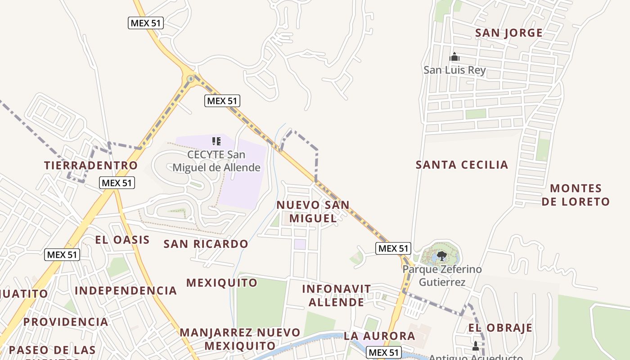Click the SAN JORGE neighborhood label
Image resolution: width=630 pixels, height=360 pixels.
coord(508,33)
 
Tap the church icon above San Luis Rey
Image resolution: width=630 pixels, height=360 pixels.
coord(454,57)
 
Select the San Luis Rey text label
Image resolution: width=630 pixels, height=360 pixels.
coord(454,71)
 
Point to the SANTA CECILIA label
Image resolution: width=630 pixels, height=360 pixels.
coord(462,165)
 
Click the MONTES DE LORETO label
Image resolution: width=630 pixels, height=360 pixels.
coord(576,195)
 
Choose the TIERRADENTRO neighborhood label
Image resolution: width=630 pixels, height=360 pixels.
coord(91,165)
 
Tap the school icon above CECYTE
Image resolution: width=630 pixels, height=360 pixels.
coord(216,141)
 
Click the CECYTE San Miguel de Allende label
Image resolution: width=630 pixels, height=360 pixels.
coord(216,161)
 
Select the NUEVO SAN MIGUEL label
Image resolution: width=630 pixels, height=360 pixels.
coord(313,211)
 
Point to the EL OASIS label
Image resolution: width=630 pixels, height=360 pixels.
coord(122,239)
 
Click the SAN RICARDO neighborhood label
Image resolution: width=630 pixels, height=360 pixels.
coord(206,244)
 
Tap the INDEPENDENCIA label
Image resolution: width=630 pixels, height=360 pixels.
coord(126,291)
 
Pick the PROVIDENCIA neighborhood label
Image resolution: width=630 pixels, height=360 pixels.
coord(66,322)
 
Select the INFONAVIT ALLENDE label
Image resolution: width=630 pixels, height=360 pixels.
coord(337,295)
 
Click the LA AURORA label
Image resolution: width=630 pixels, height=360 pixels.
coord(379,336)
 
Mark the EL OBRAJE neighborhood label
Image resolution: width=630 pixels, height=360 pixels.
coord(500,328)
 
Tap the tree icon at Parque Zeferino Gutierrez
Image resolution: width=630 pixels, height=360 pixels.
coord(441,256)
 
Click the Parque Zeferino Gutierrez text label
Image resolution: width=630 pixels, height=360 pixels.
coord(442,276)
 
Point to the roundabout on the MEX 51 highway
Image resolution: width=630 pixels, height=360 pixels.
coord(190,79)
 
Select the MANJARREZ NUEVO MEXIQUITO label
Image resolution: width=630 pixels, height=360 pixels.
coord(240,339)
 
